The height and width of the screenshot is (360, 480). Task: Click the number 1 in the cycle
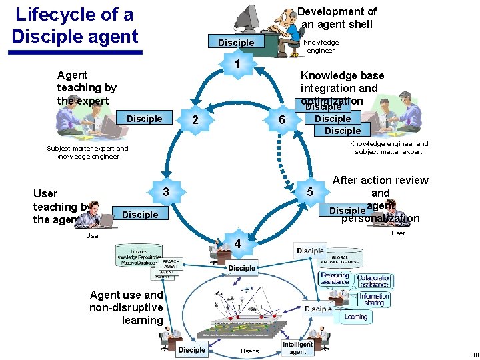point(238,65)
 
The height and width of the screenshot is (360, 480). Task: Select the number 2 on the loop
point(195,120)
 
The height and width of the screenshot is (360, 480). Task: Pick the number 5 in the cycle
point(309,193)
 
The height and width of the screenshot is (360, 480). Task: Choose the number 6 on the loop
point(283,120)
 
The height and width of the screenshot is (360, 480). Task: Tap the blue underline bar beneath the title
point(77,52)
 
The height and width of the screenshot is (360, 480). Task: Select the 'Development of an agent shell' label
point(337,17)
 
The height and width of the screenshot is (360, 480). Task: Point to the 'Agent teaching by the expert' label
point(87,88)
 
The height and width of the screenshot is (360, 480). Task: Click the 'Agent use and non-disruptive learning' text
point(126,307)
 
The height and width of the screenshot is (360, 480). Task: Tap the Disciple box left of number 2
point(144,119)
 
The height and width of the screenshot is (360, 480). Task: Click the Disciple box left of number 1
point(236,43)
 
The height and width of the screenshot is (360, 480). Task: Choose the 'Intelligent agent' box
point(298,347)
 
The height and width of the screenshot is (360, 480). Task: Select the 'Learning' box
point(356,317)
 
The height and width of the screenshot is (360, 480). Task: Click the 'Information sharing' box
point(374,300)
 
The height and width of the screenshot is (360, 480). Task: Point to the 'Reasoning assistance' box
point(335,279)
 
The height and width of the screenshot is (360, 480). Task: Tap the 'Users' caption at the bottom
point(249,351)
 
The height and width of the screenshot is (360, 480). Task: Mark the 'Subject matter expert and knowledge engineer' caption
point(87,153)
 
